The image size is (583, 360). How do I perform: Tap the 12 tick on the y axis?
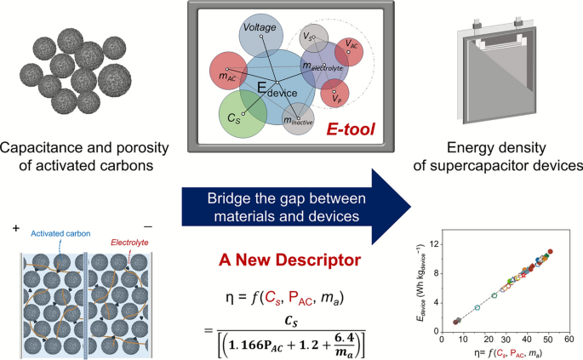coord(434,244)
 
